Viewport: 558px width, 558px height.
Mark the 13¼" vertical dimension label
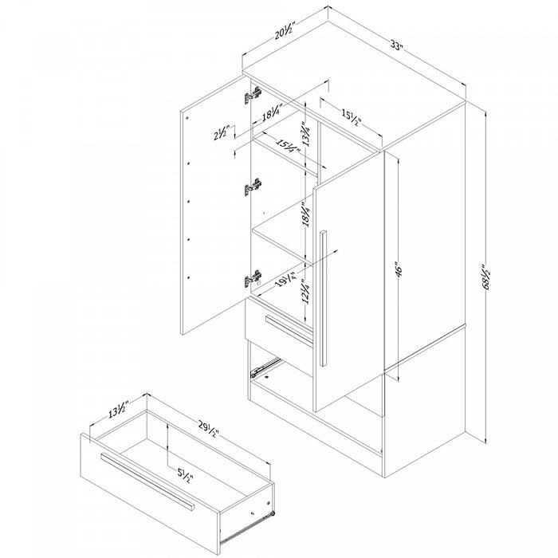(x=304, y=129)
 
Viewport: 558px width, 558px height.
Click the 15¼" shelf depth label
(x=289, y=147)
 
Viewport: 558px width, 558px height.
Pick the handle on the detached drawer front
(x=147, y=481)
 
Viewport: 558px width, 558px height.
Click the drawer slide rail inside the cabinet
(x=267, y=366)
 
